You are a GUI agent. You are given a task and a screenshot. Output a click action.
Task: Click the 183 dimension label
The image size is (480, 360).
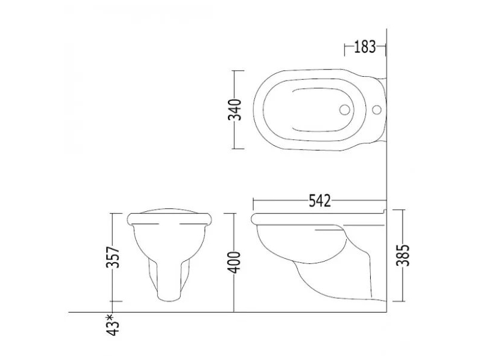[365, 47]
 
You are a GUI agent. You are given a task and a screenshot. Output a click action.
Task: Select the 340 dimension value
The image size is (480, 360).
[235, 110]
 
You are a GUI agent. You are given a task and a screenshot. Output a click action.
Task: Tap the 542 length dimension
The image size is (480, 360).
[320, 201]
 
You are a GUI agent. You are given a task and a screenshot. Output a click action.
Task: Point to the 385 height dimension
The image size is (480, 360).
[403, 256]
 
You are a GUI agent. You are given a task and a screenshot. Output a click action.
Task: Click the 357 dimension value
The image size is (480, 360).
[113, 257]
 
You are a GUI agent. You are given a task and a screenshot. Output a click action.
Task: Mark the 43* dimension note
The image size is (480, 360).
[113, 325]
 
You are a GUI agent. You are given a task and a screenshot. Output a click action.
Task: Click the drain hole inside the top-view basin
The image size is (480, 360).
[344, 109]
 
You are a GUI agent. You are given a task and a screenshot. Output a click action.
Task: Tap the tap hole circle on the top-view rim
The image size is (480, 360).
[377, 109]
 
